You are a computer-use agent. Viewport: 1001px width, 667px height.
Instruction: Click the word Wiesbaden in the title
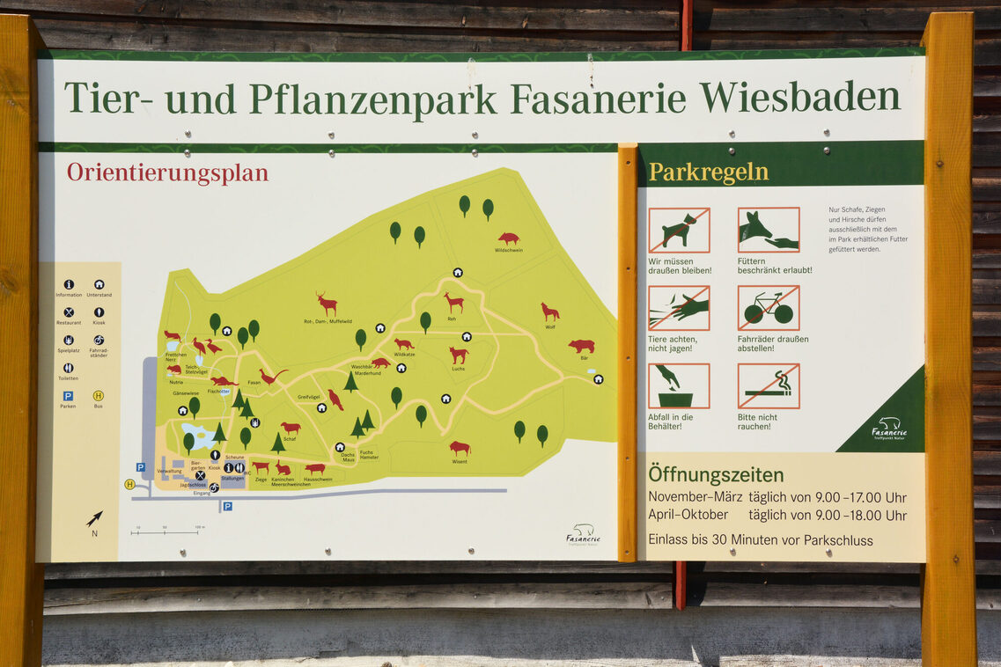pyautogui.click(x=800, y=98)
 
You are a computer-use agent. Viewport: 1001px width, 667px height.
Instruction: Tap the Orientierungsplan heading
pyautogui.click(x=167, y=172)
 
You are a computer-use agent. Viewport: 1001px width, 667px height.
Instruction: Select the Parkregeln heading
pyautogui.click(x=708, y=172)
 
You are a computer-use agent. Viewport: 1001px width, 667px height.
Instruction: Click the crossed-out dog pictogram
pyautogui.click(x=679, y=231)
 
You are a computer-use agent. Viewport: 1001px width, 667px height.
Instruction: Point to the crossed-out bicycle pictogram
pyautogui.click(x=769, y=308)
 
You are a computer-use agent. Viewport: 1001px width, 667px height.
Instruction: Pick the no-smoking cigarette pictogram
pyautogui.click(x=769, y=385)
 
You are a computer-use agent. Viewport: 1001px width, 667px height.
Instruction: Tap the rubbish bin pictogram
pyautogui.click(x=679, y=385)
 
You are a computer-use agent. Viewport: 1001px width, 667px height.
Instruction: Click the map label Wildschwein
pyautogui.click(x=508, y=250)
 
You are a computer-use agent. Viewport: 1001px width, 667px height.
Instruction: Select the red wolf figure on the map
pyautogui.click(x=550, y=312)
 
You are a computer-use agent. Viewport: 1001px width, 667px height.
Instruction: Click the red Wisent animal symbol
pyautogui.click(x=460, y=448)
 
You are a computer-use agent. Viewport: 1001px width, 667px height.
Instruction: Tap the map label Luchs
pyautogui.click(x=459, y=369)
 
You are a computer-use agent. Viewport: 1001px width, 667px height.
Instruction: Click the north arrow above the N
pyautogui.click(x=94, y=518)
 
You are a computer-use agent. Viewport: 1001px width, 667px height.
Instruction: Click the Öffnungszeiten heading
pyautogui.click(x=716, y=475)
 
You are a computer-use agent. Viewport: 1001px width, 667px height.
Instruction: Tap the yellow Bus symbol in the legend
pyautogui.click(x=98, y=395)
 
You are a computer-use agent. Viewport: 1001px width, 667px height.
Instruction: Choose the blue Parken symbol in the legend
pyautogui.click(x=68, y=395)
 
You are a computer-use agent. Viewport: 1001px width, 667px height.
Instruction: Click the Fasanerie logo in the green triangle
pyautogui.click(x=889, y=429)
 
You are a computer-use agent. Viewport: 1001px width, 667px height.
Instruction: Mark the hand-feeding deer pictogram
pyautogui.click(x=769, y=231)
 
